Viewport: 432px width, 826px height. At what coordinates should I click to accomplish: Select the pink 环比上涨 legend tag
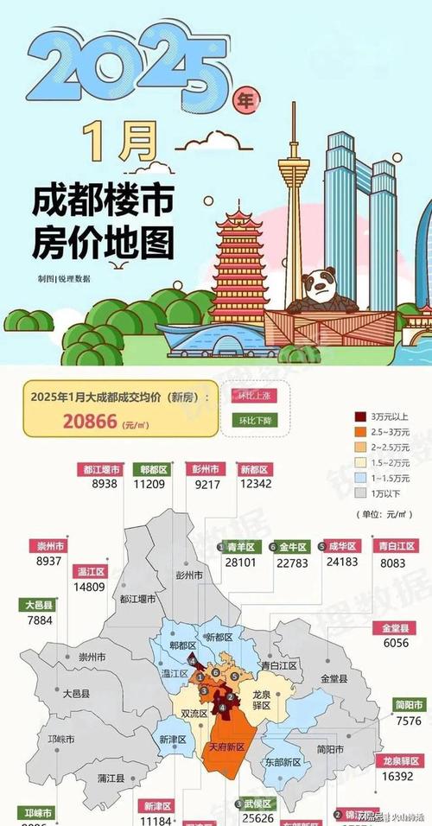254,396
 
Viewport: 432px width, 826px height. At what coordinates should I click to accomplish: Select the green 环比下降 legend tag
254,422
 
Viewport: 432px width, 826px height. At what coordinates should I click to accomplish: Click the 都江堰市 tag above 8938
102,469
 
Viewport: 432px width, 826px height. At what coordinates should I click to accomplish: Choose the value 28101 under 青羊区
238,562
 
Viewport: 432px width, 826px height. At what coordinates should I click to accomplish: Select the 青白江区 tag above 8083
397,546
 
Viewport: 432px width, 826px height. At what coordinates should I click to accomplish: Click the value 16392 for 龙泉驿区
397,776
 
